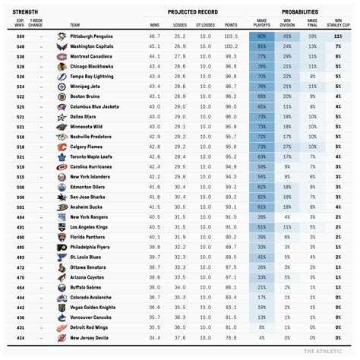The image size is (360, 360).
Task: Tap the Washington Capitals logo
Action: click(x=62, y=46)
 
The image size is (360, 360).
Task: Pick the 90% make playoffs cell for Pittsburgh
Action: click(x=261, y=36)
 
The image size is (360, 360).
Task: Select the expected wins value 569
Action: click(x=21, y=36)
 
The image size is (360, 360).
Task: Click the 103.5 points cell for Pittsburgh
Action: click(x=231, y=36)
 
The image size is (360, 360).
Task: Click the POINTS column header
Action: click(x=231, y=26)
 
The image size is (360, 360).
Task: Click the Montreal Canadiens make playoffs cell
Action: click(x=261, y=57)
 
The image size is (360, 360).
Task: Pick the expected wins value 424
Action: click(x=21, y=336)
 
